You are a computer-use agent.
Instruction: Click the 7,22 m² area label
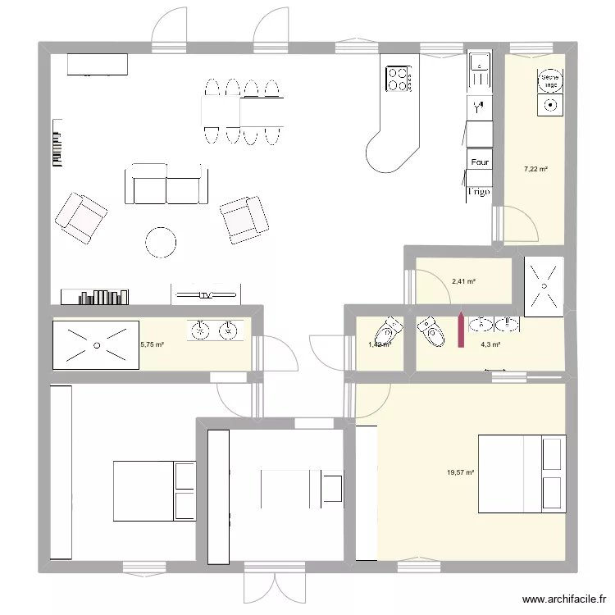pos(536,170)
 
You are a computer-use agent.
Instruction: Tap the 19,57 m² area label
pos(462,472)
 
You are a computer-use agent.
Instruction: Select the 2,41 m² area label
pos(464,282)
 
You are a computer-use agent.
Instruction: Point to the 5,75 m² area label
pos(153,344)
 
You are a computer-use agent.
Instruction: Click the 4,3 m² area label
pos(490,344)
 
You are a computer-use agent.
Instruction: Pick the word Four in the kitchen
pos(480,162)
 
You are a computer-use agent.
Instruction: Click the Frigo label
pos(479,192)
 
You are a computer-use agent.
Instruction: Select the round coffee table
pos(160,241)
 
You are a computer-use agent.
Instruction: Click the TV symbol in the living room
pos(206,294)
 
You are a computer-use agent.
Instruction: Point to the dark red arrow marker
pos(461,330)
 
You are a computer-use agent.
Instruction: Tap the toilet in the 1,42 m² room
pos(385,333)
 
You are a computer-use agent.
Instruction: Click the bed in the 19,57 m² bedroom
pos(522,474)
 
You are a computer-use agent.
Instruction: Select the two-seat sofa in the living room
pos(166,184)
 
